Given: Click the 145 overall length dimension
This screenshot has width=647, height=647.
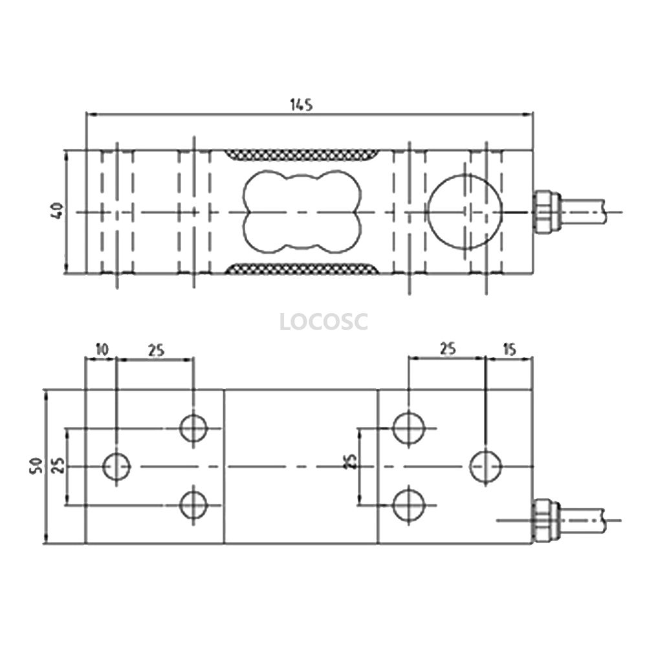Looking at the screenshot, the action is pyautogui.click(x=302, y=105).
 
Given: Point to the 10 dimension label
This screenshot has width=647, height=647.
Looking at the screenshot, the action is pyautogui.click(x=102, y=349).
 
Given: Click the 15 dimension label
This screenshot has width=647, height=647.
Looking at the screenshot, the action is pyautogui.click(x=510, y=349).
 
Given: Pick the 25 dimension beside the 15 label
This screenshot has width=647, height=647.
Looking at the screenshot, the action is pyautogui.click(x=448, y=349).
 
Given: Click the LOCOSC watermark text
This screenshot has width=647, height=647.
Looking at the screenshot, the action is pyautogui.click(x=323, y=322).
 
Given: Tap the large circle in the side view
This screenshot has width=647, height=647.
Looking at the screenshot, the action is pyautogui.click(x=465, y=212).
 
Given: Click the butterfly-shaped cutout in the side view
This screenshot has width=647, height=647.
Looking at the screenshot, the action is pyautogui.click(x=302, y=212).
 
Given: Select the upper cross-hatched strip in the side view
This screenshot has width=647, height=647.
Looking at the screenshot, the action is pyautogui.click(x=302, y=155).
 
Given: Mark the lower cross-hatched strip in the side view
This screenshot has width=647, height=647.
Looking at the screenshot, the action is pyautogui.click(x=302, y=269).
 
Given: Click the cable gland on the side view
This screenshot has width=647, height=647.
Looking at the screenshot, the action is pyautogui.click(x=545, y=212).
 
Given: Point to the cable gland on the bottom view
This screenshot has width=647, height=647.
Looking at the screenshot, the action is pyautogui.click(x=545, y=520).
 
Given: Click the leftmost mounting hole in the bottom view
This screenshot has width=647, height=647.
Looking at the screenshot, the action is pyautogui.click(x=116, y=466).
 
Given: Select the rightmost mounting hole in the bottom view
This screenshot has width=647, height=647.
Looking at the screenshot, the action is pyautogui.click(x=486, y=466).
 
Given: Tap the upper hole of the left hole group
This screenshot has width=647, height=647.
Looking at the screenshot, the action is pyautogui.click(x=193, y=428).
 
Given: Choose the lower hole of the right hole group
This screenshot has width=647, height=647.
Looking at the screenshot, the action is pyautogui.click(x=408, y=505).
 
